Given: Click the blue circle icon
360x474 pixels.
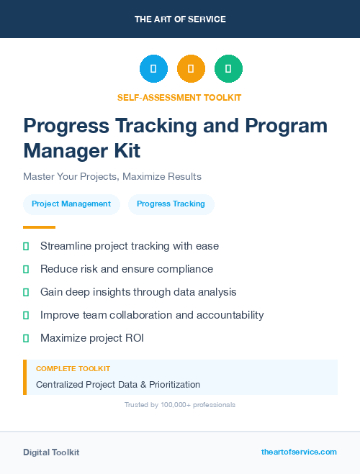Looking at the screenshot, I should (153, 68).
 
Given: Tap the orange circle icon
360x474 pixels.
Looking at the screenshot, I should (191, 68).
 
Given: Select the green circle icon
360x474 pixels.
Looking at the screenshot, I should (228, 68).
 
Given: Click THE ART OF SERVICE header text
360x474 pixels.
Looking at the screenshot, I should (180, 19).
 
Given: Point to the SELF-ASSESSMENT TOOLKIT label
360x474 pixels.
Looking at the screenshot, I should (179, 97).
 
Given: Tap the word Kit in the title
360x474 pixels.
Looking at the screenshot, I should (127, 151).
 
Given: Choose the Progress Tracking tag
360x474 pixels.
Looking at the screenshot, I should (171, 204).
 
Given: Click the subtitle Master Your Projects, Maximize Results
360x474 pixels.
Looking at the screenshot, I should (112, 176).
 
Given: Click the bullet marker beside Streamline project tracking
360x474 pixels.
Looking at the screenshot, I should (26, 246).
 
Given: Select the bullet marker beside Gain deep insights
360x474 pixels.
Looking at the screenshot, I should (26, 292).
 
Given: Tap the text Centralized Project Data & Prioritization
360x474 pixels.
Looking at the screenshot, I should (118, 385).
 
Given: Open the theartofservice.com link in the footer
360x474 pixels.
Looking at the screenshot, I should (299, 452).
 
